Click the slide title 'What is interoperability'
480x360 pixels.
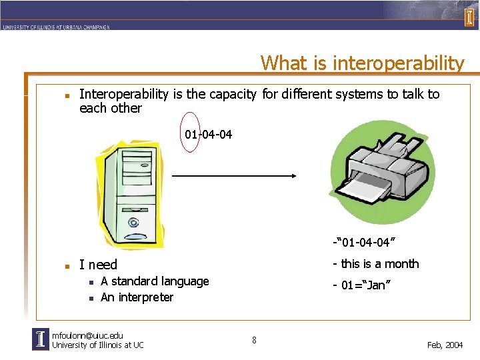362,63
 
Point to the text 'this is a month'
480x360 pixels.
376,263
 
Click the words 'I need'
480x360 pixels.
98,265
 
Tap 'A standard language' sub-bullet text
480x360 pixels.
155,281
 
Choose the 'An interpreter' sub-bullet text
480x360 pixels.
137,297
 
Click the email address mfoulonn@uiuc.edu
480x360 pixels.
87,335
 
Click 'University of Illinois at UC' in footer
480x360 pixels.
97,345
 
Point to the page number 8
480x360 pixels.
254,341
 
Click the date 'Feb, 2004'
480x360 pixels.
445,345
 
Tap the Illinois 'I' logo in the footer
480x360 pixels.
41,339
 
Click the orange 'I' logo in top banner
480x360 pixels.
469,17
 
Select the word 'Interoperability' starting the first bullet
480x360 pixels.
124,94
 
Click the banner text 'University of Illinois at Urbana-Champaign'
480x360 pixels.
55,27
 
